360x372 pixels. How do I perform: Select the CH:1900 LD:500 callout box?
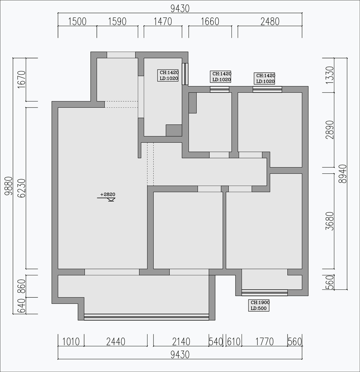point(259,305)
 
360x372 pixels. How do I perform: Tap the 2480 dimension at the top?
point(270,22)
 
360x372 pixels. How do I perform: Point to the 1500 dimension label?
point(77,22)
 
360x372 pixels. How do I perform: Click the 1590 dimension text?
point(117,22)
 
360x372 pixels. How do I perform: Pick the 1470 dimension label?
point(163,22)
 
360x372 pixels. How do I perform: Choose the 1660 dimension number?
point(210,22)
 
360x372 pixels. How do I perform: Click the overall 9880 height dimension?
point(9,186)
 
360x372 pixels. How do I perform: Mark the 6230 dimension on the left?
point(22,188)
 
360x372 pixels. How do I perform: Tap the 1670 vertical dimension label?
point(22,79)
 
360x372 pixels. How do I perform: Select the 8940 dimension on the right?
point(343,174)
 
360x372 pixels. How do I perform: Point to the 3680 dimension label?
point(330,221)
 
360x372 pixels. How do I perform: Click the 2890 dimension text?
point(330,130)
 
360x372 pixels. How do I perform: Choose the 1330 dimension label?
point(330,75)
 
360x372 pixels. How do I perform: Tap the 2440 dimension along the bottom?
point(116,342)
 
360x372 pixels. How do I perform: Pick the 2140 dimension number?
point(181,342)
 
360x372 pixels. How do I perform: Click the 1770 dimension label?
point(265,342)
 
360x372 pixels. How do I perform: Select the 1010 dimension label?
point(71,342)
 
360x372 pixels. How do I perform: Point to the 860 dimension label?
point(22,286)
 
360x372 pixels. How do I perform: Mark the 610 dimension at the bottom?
point(234,342)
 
